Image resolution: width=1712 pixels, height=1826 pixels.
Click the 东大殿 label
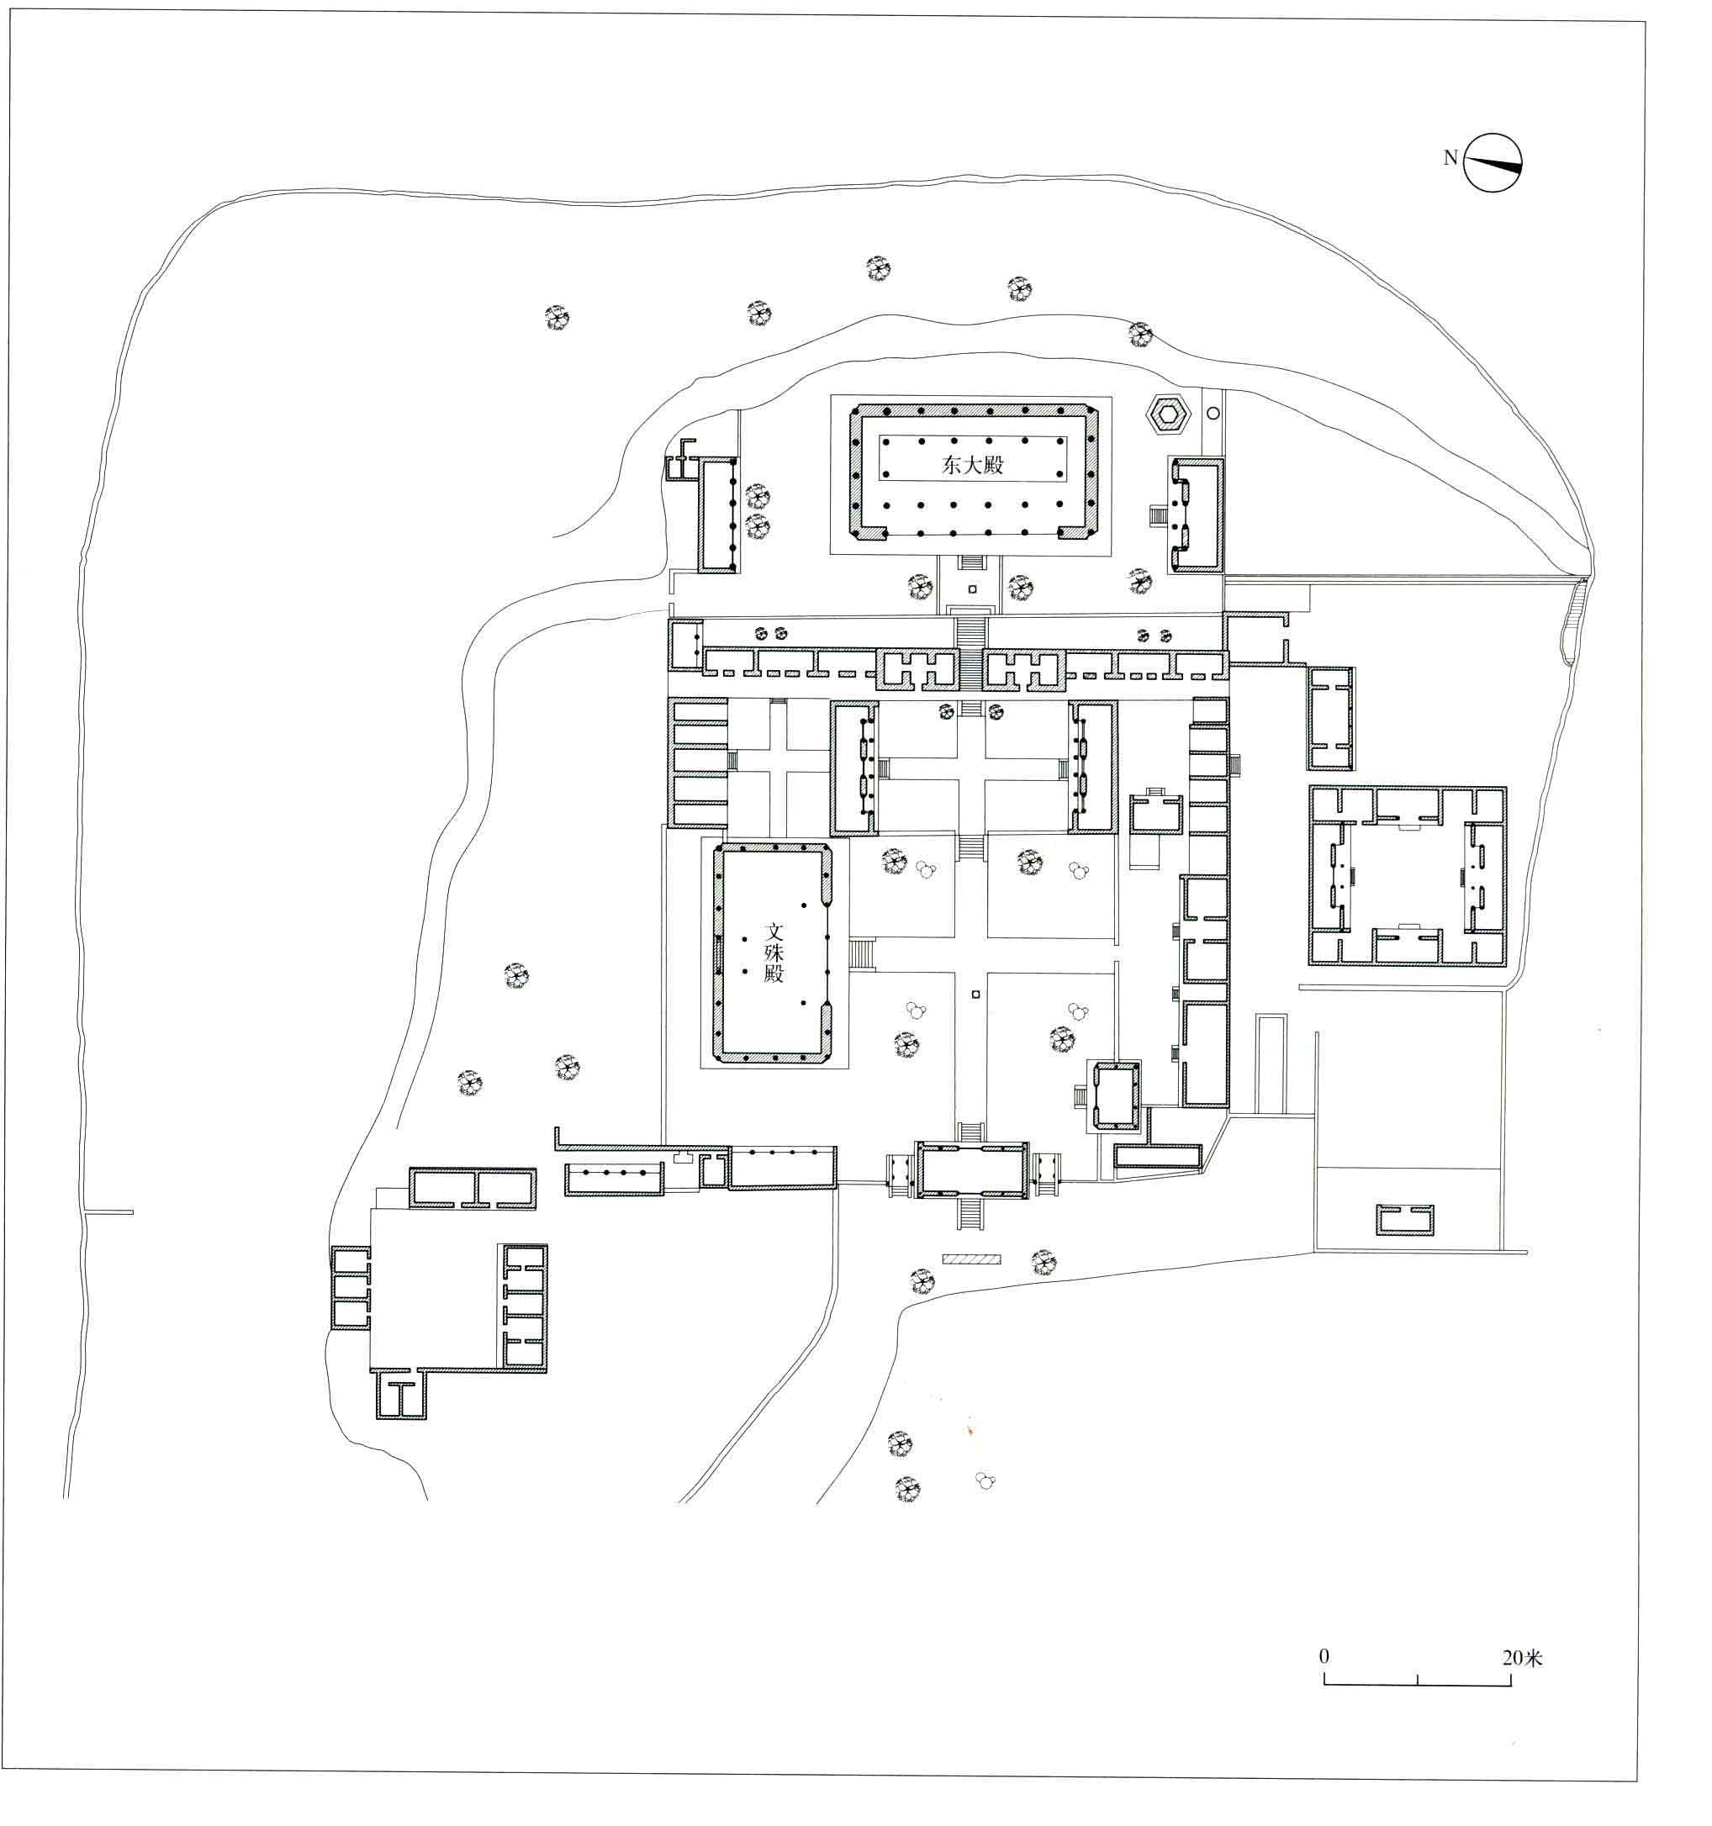(x=972, y=465)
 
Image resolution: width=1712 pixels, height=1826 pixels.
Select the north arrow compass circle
(x=1493, y=162)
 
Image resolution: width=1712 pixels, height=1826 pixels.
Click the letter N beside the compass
(x=1450, y=158)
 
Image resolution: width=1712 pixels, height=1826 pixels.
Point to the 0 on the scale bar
(x=1324, y=1656)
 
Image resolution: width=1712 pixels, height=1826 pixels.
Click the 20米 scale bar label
(x=1522, y=1658)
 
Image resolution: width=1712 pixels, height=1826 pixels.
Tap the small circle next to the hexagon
(x=1213, y=414)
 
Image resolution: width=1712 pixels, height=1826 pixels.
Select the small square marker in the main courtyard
(x=975, y=993)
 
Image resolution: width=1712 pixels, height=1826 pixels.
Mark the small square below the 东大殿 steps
(x=972, y=588)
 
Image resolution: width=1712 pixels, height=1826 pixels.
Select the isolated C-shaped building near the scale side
(x=1404, y=1219)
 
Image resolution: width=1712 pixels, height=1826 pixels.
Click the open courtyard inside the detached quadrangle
(x=1405, y=876)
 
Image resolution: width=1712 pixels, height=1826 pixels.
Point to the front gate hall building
(x=973, y=1171)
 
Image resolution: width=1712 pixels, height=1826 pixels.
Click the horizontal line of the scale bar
(x=1417, y=1685)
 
